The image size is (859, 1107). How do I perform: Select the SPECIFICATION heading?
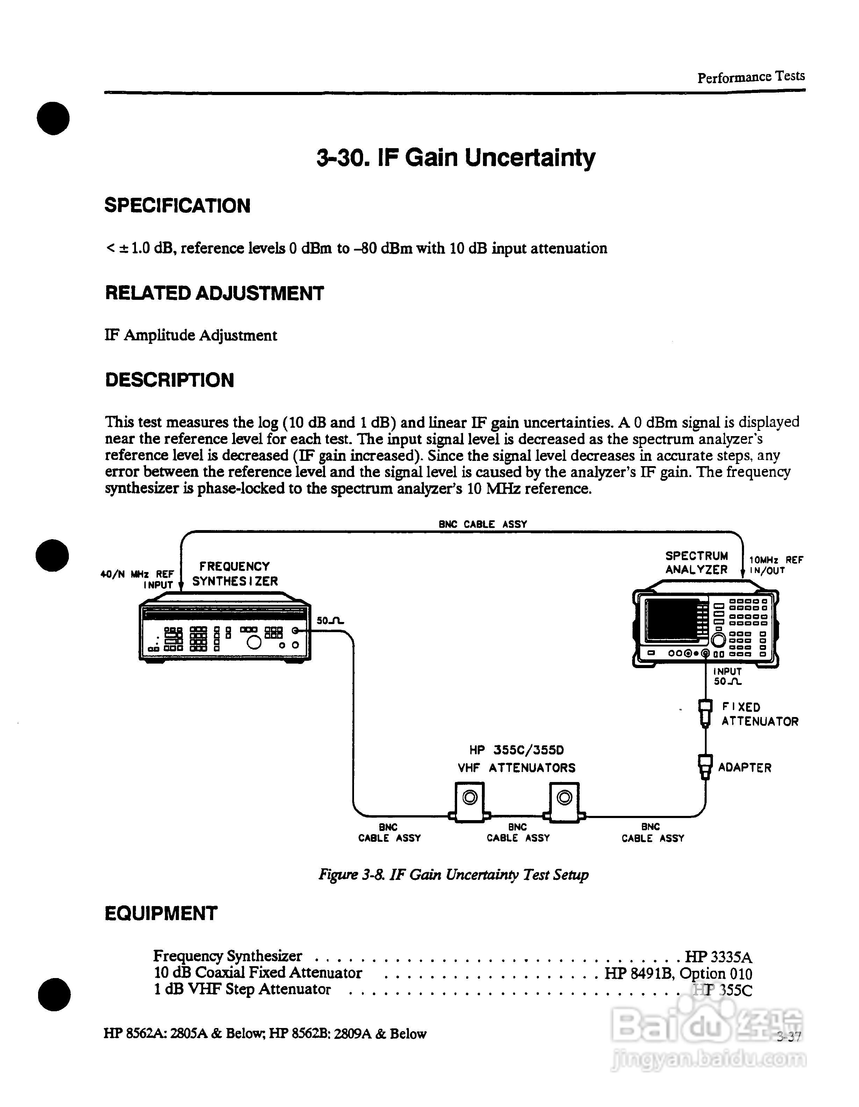(178, 206)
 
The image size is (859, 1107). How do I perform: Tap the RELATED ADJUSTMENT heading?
(214, 294)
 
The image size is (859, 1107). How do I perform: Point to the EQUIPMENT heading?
(161, 913)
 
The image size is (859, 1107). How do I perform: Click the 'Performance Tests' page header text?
(751, 77)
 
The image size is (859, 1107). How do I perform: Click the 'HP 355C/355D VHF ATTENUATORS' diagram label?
(517, 759)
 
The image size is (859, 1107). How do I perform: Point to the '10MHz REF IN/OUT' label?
(775, 565)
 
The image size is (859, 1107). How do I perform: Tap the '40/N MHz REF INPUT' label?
(137, 579)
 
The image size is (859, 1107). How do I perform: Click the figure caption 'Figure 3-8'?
(454, 875)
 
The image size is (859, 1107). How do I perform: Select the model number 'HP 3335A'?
(718, 957)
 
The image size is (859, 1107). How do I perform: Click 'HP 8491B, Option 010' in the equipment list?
(678, 974)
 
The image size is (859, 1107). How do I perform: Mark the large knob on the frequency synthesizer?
(254, 643)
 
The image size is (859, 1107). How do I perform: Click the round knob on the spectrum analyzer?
(718, 640)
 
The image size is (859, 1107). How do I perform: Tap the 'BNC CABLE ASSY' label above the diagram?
(483, 524)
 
